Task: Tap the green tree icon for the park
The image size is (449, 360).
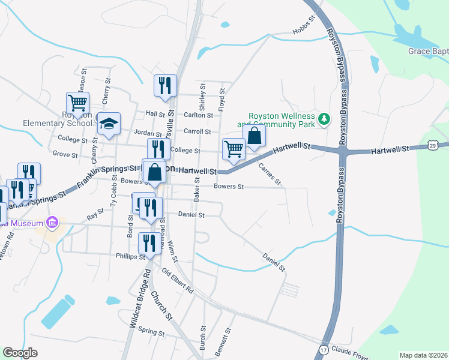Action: click(x=324, y=118)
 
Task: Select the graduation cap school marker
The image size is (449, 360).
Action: click(x=109, y=125)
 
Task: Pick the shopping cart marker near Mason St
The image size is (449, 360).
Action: click(x=77, y=104)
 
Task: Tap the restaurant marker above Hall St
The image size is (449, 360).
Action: click(x=164, y=85)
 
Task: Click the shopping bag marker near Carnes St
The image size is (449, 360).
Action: click(x=254, y=136)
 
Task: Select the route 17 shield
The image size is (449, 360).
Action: click(x=324, y=349)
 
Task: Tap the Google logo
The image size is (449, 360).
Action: click(x=20, y=353)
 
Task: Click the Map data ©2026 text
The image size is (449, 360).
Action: click(x=423, y=355)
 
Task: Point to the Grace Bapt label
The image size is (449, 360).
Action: click(x=428, y=52)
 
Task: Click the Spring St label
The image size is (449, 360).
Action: click(x=151, y=332)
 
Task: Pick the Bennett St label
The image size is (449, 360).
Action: click(x=227, y=339)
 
